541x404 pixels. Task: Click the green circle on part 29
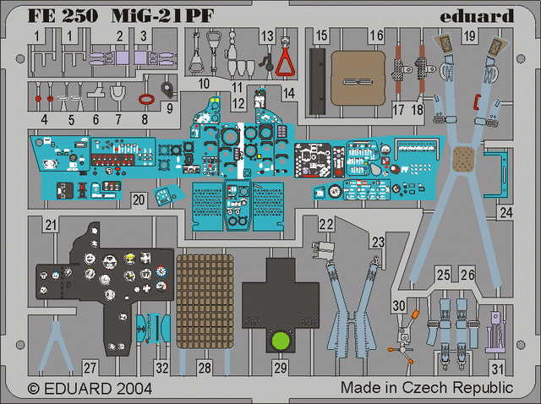[x=281, y=341]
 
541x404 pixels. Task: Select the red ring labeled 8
[x=149, y=100]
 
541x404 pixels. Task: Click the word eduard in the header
[x=477, y=16]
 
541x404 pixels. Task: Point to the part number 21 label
[x=51, y=225]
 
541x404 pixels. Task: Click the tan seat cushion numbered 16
[x=358, y=79]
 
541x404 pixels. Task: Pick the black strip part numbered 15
[x=317, y=81]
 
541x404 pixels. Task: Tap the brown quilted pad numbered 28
[x=205, y=302]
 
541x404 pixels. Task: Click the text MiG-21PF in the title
[x=162, y=16]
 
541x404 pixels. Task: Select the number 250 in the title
[x=80, y=16]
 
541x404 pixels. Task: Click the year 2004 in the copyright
[x=134, y=389]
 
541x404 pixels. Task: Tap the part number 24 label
[x=506, y=212]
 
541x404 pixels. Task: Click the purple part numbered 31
[x=496, y=331]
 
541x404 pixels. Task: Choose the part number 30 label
[x=398, y=306]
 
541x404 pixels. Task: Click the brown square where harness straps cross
[x=464, y=159]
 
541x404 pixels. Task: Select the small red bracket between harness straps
[x=478, y=101]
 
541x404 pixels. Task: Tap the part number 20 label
[x=139, y=199]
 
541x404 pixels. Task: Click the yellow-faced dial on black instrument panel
[x=129, y=258]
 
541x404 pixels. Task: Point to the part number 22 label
[x=326, y=224]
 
